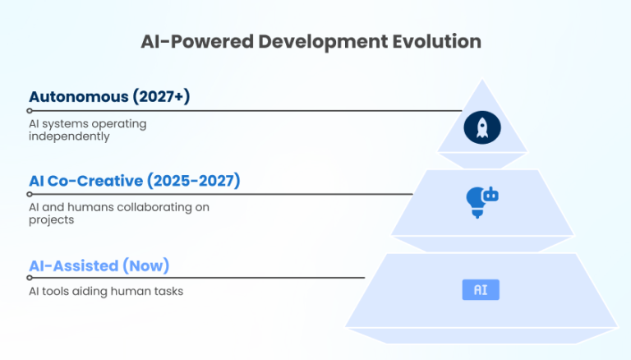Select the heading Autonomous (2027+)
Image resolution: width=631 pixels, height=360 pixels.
(x=109, y=97)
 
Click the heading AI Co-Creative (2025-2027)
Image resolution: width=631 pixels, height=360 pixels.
(x=134, y=181)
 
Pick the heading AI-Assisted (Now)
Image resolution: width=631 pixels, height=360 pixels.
(x=99, y=265)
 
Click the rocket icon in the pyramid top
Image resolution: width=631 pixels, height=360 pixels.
(x=482, y=127)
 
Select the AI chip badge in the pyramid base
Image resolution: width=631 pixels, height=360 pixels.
(x=481, y=289)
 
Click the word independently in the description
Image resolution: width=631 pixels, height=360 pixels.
(x=69, y=136)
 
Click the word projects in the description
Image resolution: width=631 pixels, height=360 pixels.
(x=51, y=220)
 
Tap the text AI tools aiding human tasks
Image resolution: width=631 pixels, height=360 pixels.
(x=105, y=291)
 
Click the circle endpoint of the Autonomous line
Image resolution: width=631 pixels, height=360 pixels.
(x=30, y=110)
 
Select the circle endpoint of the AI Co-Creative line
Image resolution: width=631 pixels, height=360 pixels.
(x=30, y=195)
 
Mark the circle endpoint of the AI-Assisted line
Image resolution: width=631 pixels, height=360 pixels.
(x=30, y=278)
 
